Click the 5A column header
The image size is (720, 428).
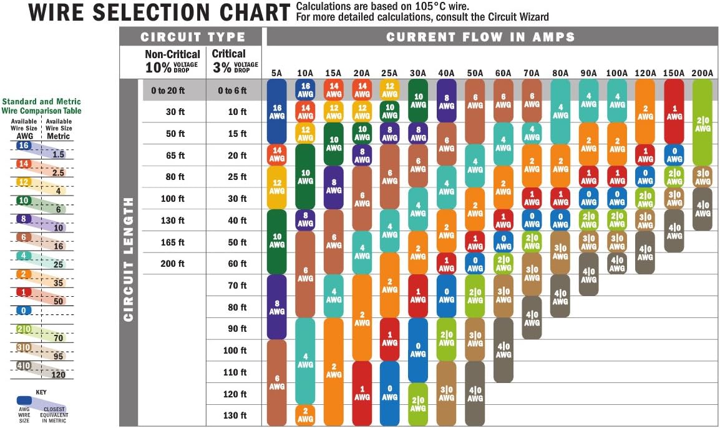276,73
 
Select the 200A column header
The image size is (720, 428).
702,73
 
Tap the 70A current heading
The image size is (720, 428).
531,73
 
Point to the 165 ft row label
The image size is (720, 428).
172,242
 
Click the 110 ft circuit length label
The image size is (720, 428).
235,372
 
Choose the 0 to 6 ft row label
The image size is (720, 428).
232,91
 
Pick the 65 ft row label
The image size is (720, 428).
172,156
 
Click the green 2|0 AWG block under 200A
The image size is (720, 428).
703,122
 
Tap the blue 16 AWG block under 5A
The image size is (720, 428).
276,111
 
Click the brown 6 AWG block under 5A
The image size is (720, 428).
276,382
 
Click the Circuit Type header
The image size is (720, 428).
193,36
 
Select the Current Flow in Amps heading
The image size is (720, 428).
480,37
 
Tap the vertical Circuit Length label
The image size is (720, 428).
129,259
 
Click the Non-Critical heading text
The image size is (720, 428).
173,54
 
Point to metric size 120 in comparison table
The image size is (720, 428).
59,374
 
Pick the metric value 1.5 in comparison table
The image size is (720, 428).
59,154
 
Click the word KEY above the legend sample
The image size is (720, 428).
41,392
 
